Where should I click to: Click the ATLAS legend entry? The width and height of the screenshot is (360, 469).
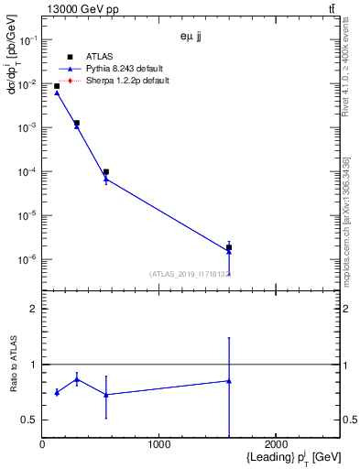tap(98, 57)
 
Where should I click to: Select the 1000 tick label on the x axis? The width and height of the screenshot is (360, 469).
tap(159, 444)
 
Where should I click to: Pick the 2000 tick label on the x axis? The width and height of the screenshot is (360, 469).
tap(277, 444)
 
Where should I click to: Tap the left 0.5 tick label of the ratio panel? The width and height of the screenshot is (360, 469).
tap(30, 420)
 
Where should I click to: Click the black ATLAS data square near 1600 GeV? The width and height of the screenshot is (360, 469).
tap(229, 247)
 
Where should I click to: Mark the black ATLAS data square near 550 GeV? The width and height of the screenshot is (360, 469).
tap(106, 171)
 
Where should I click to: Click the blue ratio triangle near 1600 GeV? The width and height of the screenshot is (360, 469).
tap(229, 381)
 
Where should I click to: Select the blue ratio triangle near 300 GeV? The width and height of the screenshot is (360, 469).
tap(77, 379)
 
